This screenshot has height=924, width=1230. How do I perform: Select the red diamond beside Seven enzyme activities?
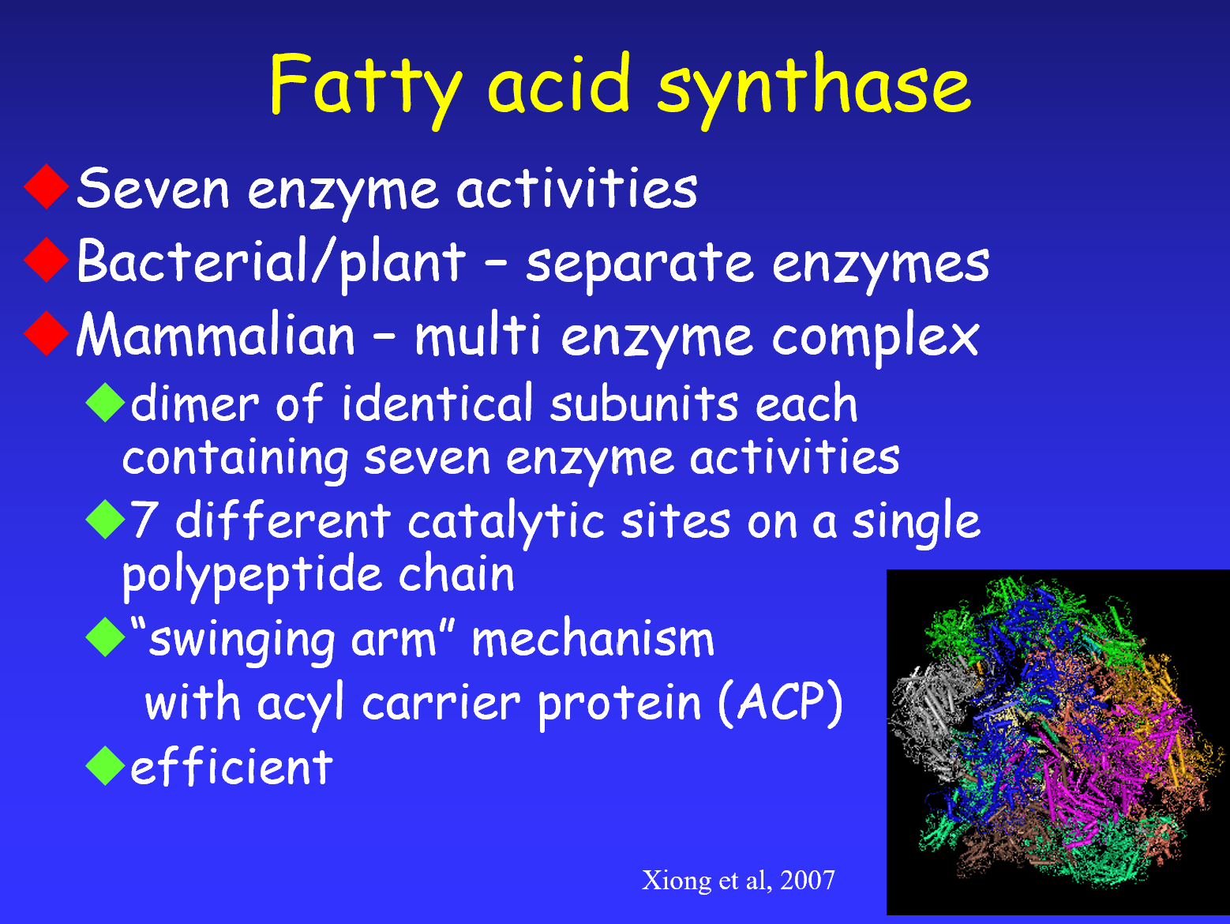(x=47, y=187)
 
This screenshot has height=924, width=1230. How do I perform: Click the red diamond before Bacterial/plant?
(x=47, y=260)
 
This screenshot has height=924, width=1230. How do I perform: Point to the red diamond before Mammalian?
(x=47, y=333)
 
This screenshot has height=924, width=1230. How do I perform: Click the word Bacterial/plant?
(x=272, y=263)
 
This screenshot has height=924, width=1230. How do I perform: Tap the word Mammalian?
(x=216, y=335)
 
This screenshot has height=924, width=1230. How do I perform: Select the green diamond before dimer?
(x=105, y=402)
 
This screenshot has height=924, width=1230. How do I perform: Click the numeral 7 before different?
(x=144, y=520)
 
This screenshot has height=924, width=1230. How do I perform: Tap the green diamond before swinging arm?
(x=105, y=637)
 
